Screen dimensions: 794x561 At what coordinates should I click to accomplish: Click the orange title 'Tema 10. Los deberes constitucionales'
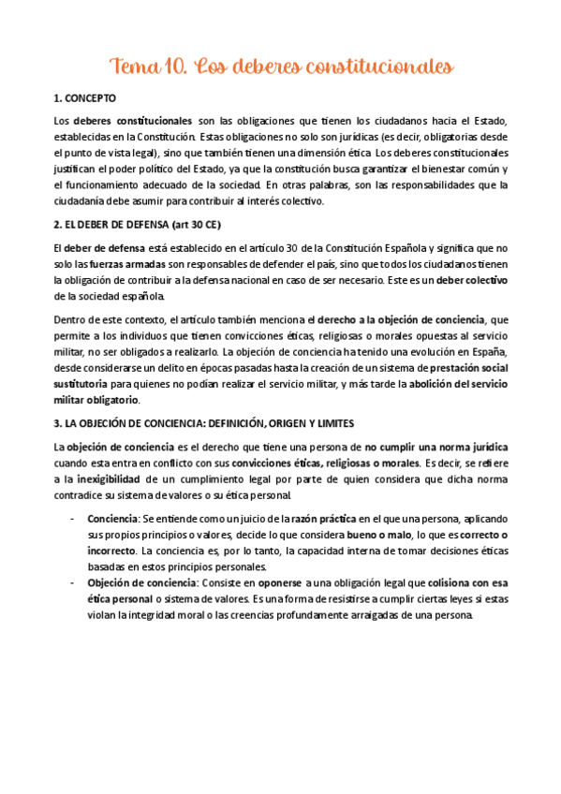pos(281,66)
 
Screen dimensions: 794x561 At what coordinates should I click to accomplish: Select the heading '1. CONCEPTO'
pos(86,98)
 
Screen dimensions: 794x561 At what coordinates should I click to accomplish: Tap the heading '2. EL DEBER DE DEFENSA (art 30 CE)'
pos(140,226)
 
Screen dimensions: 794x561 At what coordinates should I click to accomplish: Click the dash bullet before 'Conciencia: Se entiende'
pos(73,518)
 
